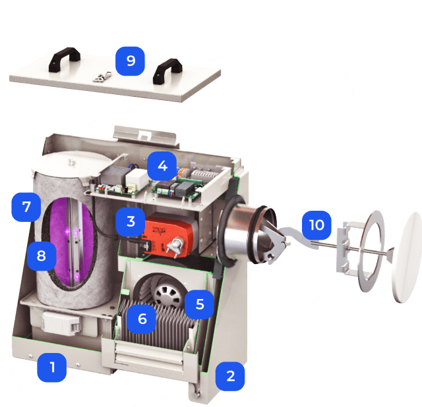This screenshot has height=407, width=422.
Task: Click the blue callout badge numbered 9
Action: (131, 61)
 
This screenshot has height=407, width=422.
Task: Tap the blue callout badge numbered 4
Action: (162, 166)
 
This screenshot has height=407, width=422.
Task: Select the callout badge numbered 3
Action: (131, 221)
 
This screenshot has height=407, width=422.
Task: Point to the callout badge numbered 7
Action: (26, 207)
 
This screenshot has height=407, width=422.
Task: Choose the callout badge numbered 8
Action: (42, 256)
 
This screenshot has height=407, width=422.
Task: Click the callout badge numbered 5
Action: (199, 304)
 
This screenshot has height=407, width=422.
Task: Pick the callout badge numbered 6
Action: (142, 319)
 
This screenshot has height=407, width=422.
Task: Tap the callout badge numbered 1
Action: (51, 367)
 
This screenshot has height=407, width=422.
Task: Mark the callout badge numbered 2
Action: (230, 376)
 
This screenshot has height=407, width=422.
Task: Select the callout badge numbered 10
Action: (316, 225)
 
